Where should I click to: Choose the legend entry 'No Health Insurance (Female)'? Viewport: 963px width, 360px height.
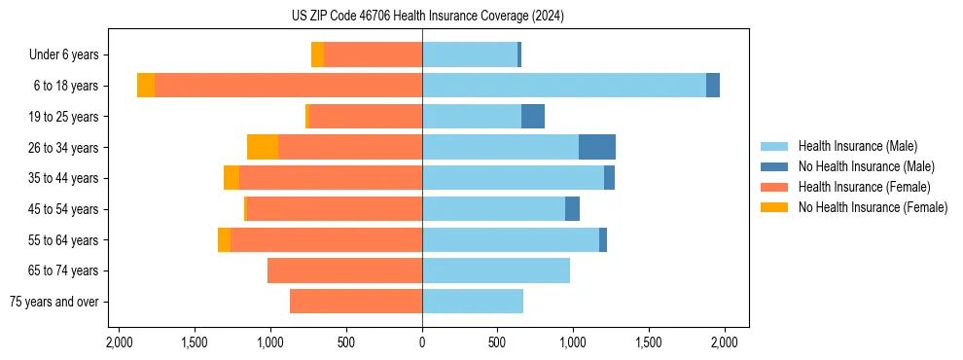873,207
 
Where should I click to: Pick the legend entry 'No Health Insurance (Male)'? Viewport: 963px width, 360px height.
866,166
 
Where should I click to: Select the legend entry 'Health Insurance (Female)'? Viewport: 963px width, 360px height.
864,187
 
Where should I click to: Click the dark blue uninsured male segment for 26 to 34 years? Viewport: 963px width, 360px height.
597,147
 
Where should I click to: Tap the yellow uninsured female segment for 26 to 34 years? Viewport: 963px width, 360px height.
263,147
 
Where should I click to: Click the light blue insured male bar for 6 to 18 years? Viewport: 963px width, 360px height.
564,86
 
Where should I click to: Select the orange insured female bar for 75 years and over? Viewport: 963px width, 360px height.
356,302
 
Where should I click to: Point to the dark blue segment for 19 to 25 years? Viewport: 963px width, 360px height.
533,117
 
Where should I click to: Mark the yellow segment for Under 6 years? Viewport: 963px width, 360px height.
317,54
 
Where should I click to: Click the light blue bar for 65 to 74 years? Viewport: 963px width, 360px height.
496,270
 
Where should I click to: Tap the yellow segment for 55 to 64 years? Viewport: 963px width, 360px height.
224,239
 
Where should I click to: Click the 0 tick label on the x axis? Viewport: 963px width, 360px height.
422,342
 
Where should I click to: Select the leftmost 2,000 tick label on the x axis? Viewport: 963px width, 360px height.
120,342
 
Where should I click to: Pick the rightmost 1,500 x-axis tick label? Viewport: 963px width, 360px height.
648,342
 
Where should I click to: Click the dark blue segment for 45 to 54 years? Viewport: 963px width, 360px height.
572,209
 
